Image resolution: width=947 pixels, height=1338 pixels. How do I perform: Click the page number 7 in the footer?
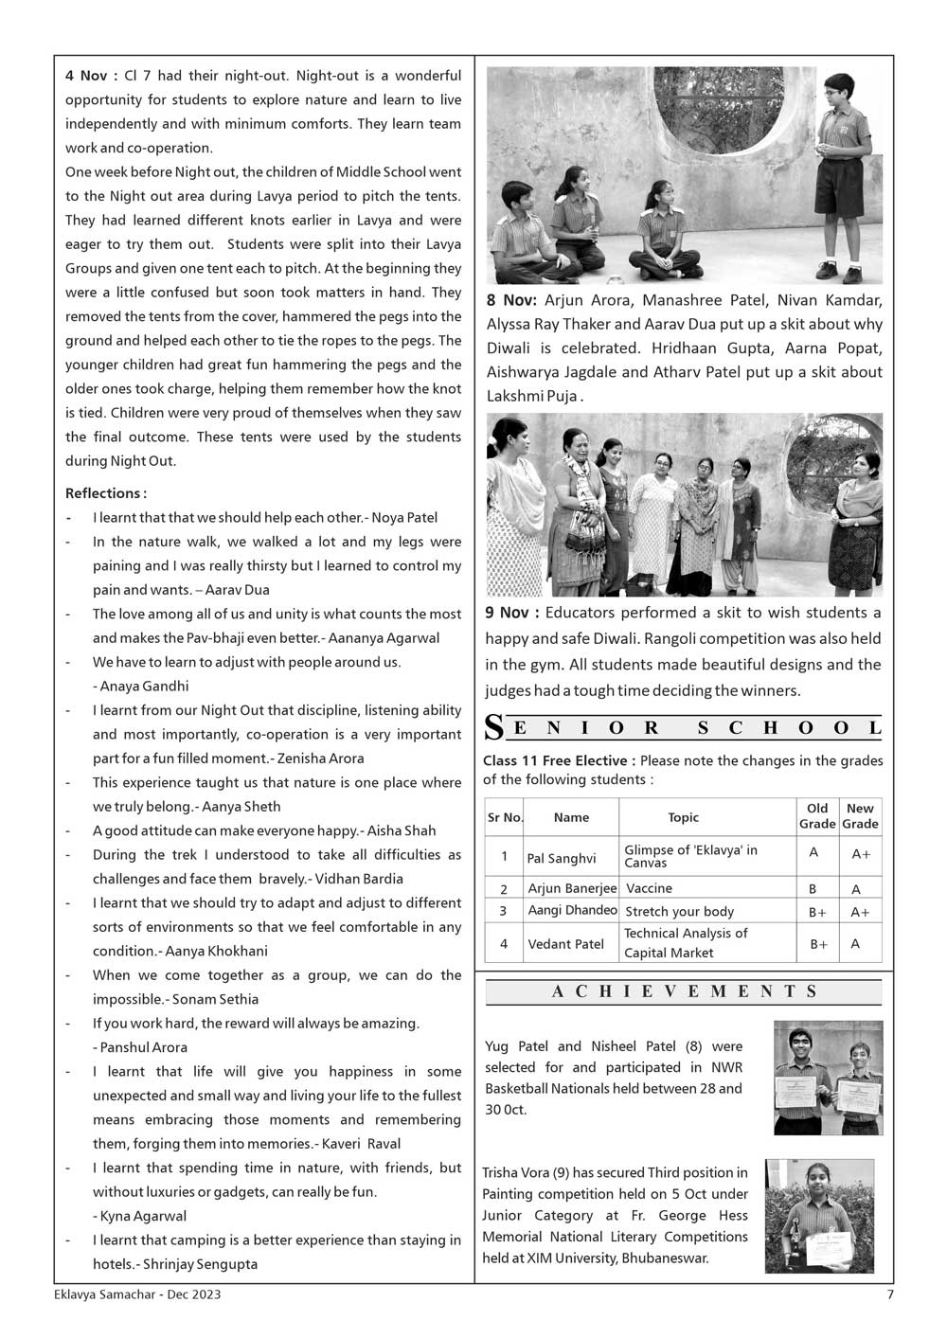tap(889, 1294)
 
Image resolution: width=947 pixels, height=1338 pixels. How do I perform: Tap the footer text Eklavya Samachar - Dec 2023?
tap(137, 1294)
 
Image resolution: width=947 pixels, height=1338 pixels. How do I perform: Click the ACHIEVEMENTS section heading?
tap(684, 991)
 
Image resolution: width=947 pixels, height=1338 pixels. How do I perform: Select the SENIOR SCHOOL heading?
tap(684, 727)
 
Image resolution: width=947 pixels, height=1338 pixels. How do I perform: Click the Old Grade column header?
tap(816, 816)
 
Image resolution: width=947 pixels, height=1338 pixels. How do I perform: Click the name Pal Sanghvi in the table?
tap(562, 858)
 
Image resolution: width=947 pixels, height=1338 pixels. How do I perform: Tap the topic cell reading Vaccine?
tap(649, 888)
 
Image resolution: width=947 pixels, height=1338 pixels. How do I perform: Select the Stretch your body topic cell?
tap(679, 911)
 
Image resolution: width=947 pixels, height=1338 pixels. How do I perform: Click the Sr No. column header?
tap(505, 817)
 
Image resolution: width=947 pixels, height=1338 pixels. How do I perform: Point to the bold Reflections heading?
tap(105, 493)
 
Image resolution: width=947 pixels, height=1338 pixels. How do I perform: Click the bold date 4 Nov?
tap(91, 76)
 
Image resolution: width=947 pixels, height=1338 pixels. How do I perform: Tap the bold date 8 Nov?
tap(511, 300)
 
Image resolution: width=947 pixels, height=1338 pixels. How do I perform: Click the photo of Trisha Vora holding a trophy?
tap(819, 1216)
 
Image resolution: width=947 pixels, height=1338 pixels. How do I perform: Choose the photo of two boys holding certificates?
tap(828, 1078)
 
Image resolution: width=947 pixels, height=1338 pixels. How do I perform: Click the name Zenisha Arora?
tap(320, 758)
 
